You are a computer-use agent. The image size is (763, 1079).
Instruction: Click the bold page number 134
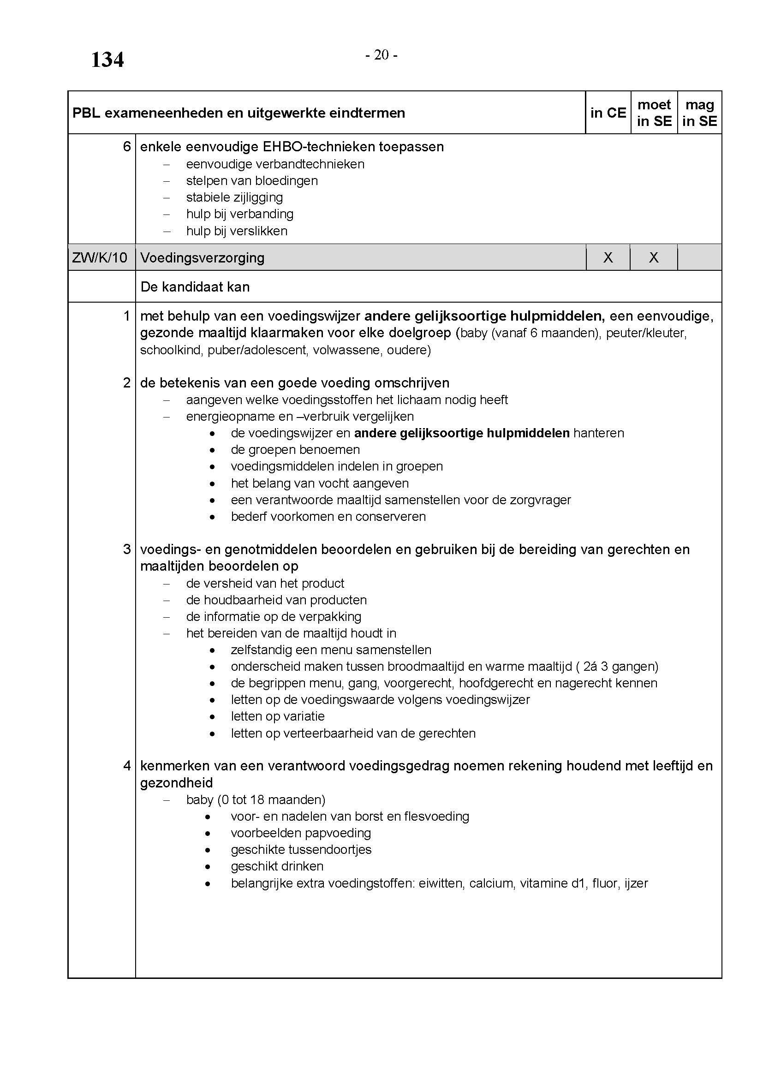tap(107, 60)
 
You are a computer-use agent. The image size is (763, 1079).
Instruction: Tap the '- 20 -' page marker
tap(381, 55)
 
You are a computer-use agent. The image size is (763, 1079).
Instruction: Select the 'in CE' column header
tap(608, 113)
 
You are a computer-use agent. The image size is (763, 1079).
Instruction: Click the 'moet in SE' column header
tap(654, 113)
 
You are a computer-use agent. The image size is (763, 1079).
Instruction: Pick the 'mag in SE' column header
tap(700, 113)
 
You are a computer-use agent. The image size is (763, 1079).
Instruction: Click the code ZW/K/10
tap(100, 257)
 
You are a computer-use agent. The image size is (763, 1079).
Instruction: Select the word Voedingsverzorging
tap(202, 257)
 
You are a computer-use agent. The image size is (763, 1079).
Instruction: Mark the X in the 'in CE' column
tap(608, 257)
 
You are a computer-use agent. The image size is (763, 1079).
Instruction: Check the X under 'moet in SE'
tap(654, 257)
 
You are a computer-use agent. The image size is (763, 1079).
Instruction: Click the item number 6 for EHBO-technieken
tap(127, 147)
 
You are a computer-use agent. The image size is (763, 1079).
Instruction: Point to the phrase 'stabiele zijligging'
tap(234, 197)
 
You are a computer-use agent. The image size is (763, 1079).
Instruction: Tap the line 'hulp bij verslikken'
tap(237, 231)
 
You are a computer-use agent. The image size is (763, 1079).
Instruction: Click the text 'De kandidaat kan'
tap(195, 286)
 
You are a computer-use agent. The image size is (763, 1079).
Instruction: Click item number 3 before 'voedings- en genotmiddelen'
tap(127, 549)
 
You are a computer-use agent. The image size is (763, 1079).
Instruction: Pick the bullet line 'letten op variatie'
tap(278, 716)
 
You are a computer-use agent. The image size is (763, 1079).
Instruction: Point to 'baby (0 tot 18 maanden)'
tap(256, 799)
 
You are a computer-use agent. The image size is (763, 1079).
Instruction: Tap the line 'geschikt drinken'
tap(277, 866)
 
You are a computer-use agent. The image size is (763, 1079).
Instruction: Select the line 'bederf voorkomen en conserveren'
tap(328, 517)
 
